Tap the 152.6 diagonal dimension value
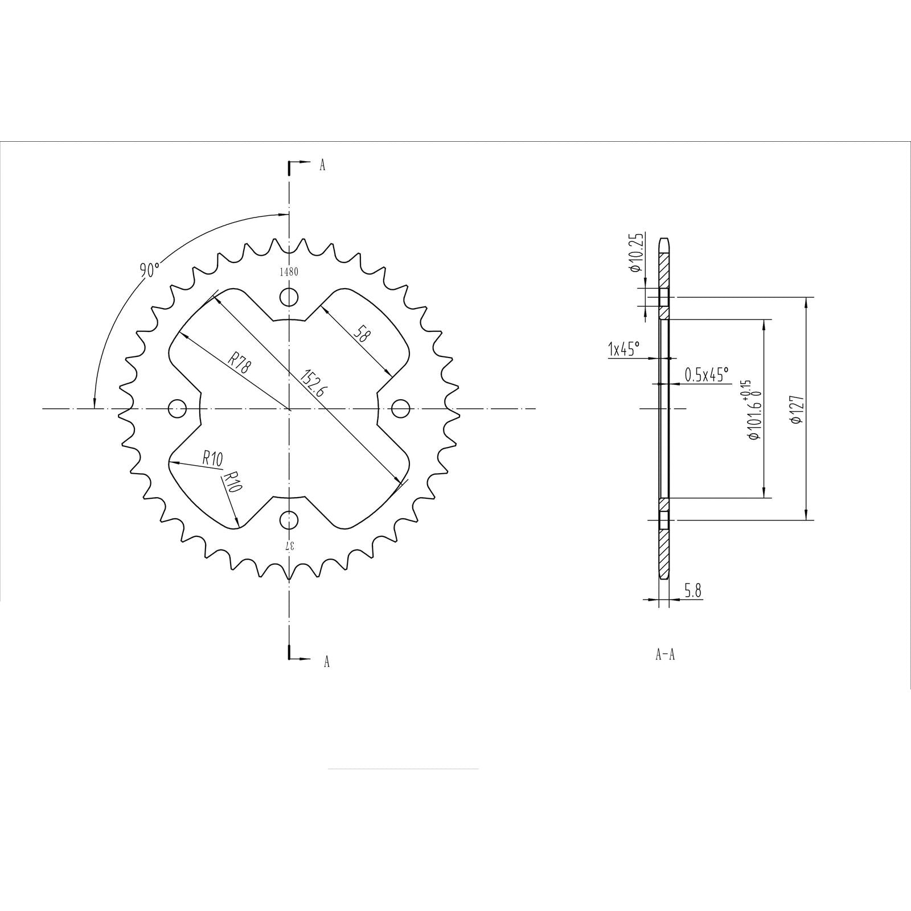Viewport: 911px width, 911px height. click(311, 385)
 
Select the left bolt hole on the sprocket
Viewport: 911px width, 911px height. click(178, 408)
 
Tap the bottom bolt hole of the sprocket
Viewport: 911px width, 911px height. click(290, 519)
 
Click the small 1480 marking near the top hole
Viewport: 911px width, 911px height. click(289, 272)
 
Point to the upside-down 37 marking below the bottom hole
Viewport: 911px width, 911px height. click(290, 545)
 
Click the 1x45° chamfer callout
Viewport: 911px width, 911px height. click(624, 348)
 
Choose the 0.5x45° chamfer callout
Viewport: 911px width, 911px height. click(706, 374)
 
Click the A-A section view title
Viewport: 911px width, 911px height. click(665, 655)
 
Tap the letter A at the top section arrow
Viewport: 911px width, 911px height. click(322, 166)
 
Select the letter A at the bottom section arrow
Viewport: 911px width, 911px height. click(326, 661)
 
